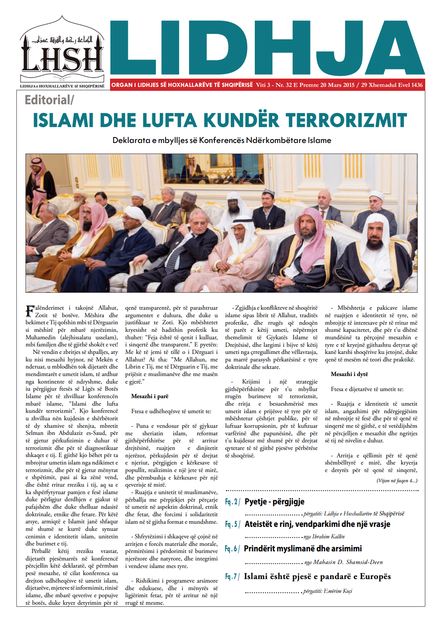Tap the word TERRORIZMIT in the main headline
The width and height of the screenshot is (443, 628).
tap(346, 120)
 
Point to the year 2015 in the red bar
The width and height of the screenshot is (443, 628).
tap(348, 85)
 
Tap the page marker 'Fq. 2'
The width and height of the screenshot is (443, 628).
tap(232, 502)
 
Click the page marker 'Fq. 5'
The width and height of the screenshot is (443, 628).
tap(232, 524)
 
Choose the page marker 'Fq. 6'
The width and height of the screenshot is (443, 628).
tap(232, 549)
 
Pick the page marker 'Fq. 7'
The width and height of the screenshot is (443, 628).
tap(232, 577)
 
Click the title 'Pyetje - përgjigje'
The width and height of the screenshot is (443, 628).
tap(275, 502)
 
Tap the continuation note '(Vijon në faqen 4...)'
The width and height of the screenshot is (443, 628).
tap(396, 481)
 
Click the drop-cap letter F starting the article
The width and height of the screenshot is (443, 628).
tap(30, 311)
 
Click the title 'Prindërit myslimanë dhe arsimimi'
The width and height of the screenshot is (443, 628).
tap(303, 549)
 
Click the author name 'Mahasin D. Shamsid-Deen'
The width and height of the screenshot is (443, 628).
tap(348, 562)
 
